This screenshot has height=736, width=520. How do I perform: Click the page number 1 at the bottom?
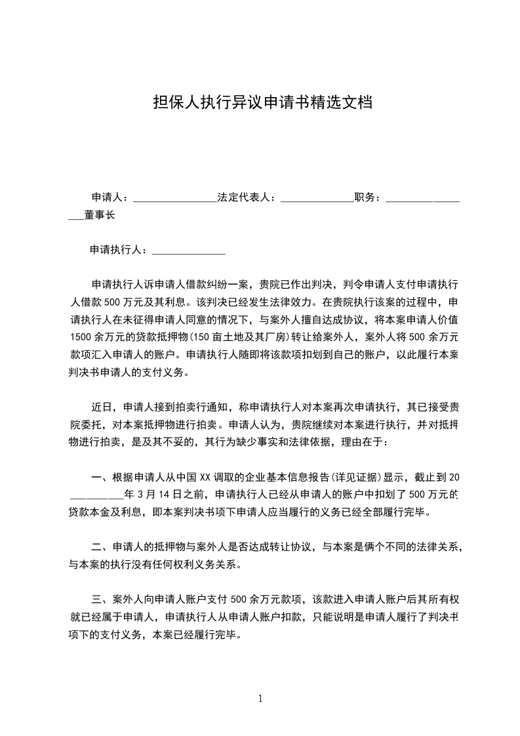click(260, 699)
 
